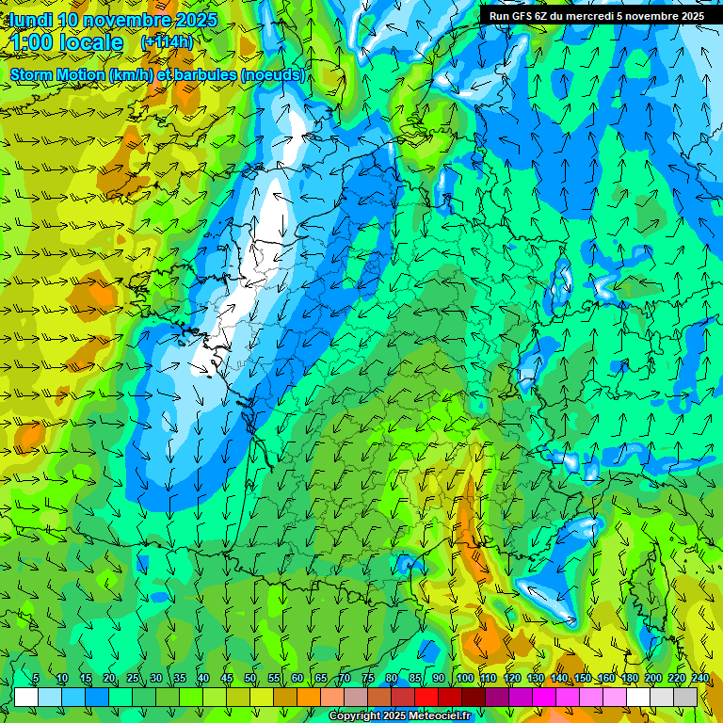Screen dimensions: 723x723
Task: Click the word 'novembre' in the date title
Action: coord(128,20)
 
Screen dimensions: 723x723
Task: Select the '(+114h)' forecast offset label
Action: coord(167,41)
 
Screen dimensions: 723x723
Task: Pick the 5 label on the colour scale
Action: coord(36,678)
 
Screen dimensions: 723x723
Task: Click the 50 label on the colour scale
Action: coord(250,678)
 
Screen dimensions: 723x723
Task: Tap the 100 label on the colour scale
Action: coord(464,678)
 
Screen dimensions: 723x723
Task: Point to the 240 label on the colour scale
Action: coord(699,678)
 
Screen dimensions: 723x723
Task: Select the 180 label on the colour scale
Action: coord(629,678)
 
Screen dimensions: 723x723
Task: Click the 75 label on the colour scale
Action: coord(368,678)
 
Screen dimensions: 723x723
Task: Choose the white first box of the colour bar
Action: coord(26,697)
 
